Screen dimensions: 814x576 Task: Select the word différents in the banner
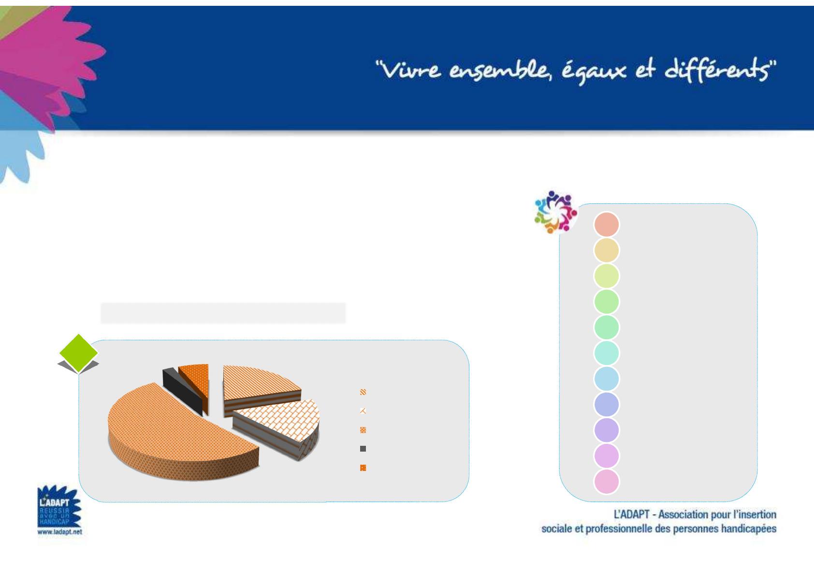pos(718,69)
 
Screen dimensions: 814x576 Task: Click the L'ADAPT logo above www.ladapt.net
pos(59,506)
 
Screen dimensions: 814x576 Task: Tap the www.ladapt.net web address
pos(59,531)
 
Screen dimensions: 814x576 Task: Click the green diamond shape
pos(78,352)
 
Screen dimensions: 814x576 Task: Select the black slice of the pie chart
pos(182,391)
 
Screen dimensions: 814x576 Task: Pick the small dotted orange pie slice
pos(195,386)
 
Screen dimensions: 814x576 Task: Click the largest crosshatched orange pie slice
pos(178,433)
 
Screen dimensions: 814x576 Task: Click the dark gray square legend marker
pos(363,449)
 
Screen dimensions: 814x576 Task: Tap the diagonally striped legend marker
pos(363,392)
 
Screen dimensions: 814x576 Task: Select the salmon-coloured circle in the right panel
pos(606,224)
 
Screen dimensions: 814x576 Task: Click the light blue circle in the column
pos(606,379)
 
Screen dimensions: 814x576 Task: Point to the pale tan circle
pos(606,250)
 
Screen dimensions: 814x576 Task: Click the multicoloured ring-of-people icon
pos(555,212)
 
